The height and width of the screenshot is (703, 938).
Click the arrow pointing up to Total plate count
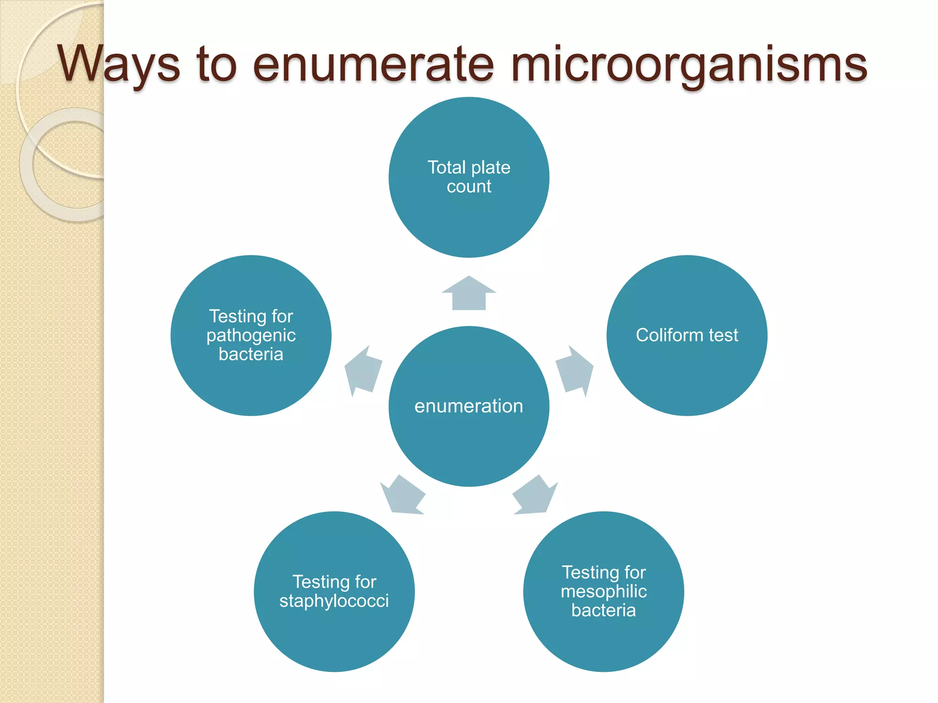click(469, 294)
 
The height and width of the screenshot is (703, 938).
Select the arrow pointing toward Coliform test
click(574, 370)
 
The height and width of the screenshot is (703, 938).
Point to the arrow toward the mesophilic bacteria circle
click(534, 496)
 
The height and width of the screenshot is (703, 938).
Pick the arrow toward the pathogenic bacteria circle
click(363, 370)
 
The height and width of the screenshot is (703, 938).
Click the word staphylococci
click(334, 601)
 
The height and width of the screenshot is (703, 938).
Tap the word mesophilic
click(603, 591)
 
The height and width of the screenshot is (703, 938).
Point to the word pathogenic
click(251, 335)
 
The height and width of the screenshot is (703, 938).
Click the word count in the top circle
click(469, 187)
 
